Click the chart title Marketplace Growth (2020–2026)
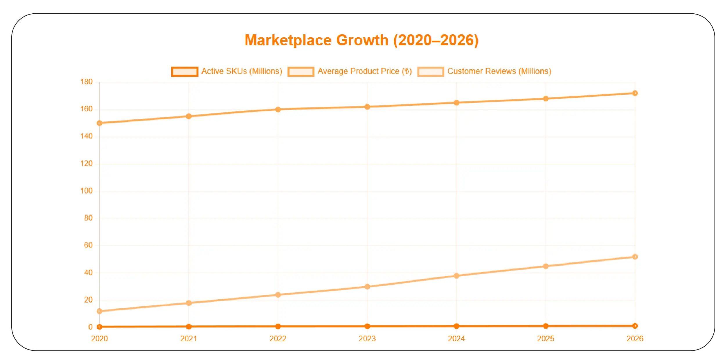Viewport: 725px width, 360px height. coord(361,40)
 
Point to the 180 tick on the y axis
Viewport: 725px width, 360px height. coord(87,82)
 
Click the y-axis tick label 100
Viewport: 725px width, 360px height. coord(87,191)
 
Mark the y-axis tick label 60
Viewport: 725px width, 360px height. coord(88,245)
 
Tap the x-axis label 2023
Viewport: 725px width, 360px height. coord(367,339)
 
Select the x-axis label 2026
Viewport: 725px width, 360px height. coord(635,339)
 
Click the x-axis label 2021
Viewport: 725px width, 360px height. coord(188,339)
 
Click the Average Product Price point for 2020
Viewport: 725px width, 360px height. coord(100,123)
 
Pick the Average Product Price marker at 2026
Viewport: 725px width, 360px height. coord(635,93)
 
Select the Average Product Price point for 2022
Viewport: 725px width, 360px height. coord(278,109)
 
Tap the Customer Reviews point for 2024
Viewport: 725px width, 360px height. coord(456,276)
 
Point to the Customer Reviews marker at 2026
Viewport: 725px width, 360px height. coord(635,257)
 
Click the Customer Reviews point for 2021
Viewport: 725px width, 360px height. coord(189,303)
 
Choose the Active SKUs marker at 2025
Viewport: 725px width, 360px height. coord(546,326)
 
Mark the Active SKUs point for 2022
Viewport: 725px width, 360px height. coord(278,326)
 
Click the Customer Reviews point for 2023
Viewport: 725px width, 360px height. coord(367,287)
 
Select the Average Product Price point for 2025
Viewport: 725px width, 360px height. coord(546,99)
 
